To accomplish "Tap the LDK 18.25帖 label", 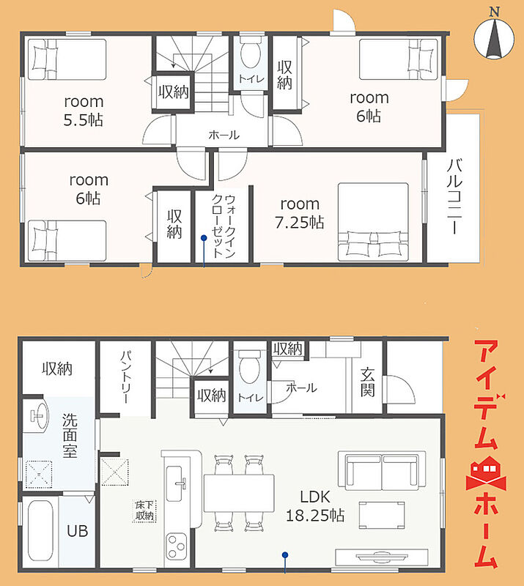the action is (315, 506).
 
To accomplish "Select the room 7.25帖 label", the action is (300, 213).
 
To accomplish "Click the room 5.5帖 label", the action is (84, 111).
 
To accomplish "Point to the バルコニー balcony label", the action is (454, 196).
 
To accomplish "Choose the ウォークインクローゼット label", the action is (224, 226).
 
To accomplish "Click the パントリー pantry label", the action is (126, 377).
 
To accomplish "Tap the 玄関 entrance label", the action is (367, 382).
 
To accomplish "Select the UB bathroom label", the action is (78, 530).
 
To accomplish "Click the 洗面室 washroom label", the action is (70, 435).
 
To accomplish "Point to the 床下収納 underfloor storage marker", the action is (144, 511).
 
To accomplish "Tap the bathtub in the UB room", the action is (40, 530).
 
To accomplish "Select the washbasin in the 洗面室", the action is (37, 415).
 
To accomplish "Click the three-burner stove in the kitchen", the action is (176, 546).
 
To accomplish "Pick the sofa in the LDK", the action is (382, 471).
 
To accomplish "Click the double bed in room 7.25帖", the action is (373, 222).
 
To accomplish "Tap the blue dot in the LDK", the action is (285, 555).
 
